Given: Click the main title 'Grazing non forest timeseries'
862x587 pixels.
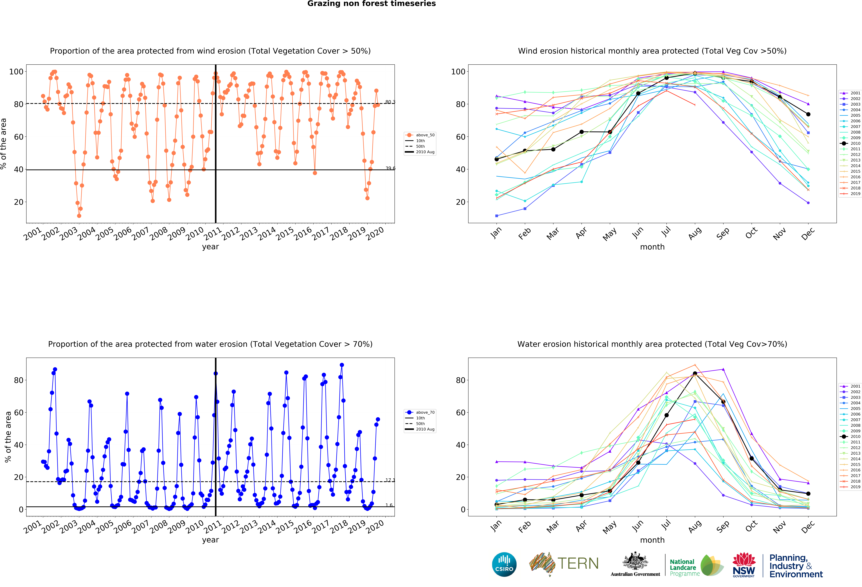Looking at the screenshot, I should (x=371, y=4).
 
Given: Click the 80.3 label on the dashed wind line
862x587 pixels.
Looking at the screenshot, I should (x=390, y=102).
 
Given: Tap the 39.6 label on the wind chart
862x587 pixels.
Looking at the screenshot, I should (x=390, y=168).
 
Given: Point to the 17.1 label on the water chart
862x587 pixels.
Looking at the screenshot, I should (x=390, y=480).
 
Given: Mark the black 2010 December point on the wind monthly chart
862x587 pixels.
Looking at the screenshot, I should (x=808, y=114).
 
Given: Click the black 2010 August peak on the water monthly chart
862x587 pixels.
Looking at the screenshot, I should (x=695, y=374).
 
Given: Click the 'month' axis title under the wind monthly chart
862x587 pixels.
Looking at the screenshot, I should (x=652, y=247).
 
